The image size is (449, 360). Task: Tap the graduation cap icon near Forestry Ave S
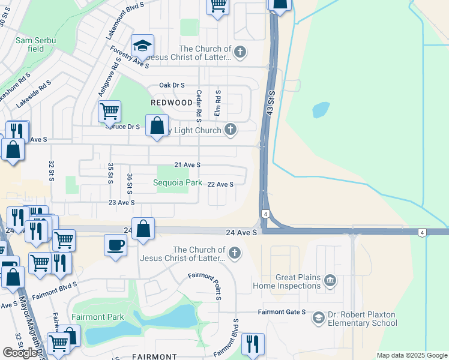pos(142,46)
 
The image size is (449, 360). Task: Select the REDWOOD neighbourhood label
pos(172,103)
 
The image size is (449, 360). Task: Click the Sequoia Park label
pos(178,183)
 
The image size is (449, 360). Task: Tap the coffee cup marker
pos(116,245)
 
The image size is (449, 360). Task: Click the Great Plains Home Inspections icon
pos(330,281)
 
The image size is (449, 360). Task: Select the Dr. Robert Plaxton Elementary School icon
pos(318,318)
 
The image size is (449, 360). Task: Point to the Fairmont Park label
pos(97,317)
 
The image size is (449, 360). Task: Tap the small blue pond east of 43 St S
pos(321,110)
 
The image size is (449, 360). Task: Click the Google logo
pos(21,353)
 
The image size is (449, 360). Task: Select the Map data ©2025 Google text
pos(411,355)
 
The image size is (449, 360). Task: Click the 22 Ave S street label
pos(220,184)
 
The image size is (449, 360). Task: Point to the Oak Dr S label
pos(172,86)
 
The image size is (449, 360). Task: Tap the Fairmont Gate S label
pos(282,312)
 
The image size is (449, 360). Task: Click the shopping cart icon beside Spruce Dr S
pos(109,111)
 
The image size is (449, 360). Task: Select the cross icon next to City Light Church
pos(231,129)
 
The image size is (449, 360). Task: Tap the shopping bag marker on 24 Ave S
pos(143,229)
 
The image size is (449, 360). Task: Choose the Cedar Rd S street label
pos(198,104)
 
